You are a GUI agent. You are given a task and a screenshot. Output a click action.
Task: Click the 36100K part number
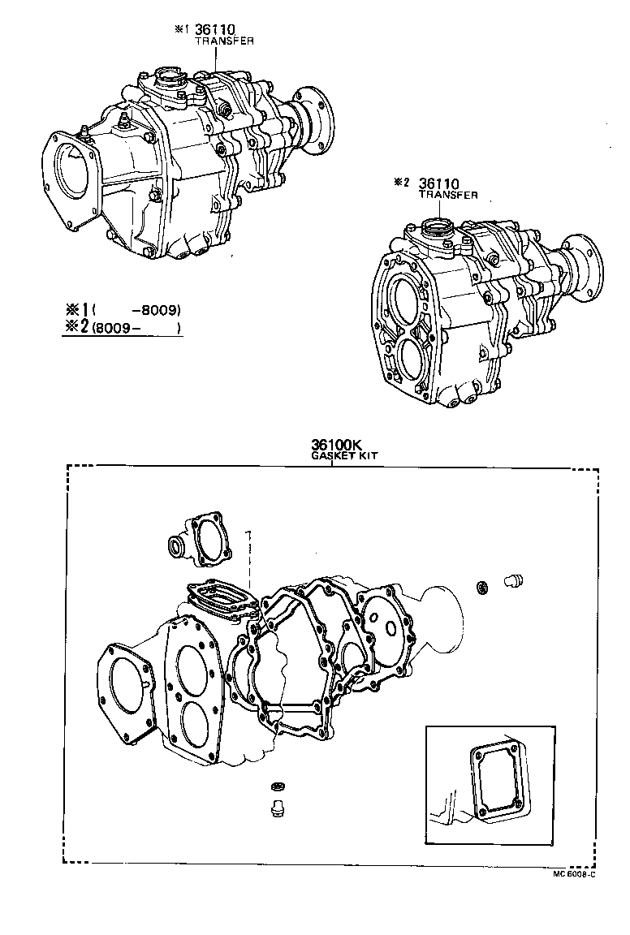click(334, 445)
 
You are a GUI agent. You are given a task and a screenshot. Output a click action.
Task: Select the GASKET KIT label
click(344, 456)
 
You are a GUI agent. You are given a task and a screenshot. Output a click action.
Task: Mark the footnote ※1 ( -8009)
click(122, 310)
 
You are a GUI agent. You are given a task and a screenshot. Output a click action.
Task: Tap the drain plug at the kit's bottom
click(274, 808)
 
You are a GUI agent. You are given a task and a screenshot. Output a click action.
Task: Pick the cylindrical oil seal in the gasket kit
click(177, 546)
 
